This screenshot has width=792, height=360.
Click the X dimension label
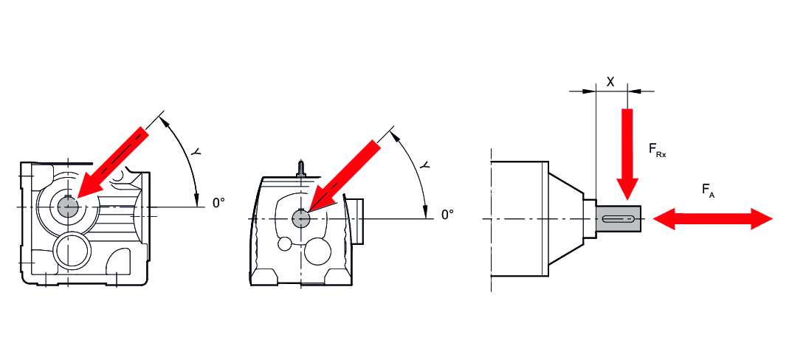click(610, 82)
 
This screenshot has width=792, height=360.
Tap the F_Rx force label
click(657, 150)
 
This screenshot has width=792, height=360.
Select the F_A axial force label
click(708, 190)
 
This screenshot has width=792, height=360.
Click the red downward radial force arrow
click(627, 154)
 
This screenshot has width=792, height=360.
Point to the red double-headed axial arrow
click(713, 218)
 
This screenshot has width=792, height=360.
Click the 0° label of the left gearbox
click(218, 203)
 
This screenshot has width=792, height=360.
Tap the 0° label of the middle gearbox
click(447, 215)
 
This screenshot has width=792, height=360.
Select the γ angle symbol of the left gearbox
click(196, 150)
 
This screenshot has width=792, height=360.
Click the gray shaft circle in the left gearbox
click(68, 206)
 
